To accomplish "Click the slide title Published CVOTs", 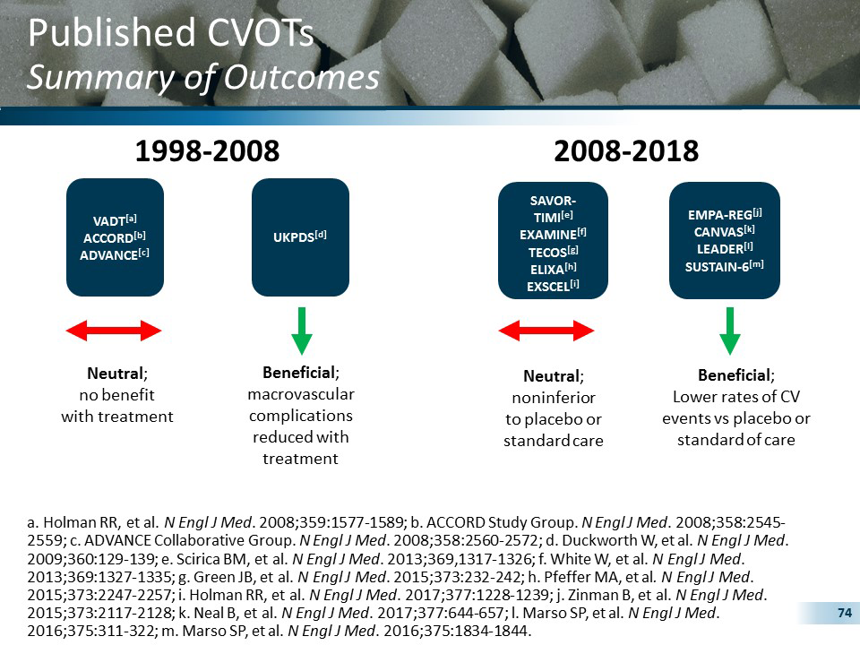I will point(170,33).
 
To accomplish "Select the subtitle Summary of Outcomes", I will point(203,77).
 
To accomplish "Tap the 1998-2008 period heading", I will point(207,151).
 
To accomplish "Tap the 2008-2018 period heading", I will point(626,151).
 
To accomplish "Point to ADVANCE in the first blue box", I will point(110,254).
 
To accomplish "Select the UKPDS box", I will point(300,236).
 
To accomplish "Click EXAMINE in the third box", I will point(548,235).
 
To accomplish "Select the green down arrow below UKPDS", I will point(301,331).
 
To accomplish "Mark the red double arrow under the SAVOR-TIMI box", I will point(546,331).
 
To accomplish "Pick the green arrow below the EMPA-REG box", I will point(730,331).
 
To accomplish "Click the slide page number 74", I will point(842,613).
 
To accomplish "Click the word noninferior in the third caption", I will point(553,397).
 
